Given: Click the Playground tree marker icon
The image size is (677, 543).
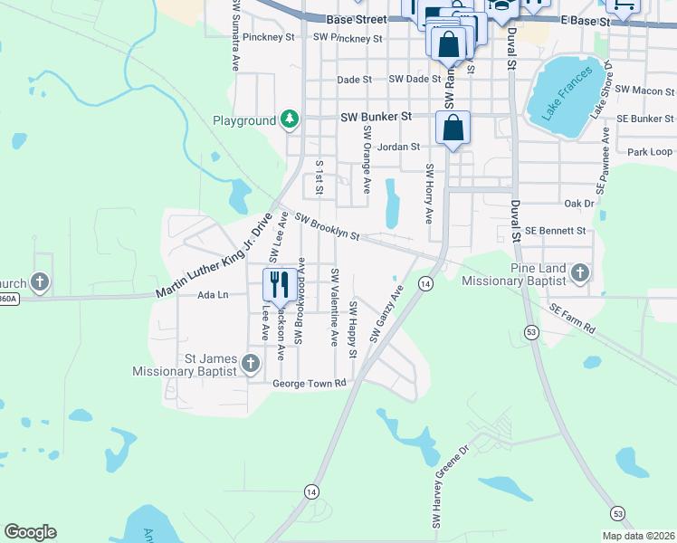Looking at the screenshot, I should tap(290, 119).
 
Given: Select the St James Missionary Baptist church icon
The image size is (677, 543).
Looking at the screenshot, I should tap(251, 364).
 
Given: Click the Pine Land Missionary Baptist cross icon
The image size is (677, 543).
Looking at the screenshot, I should tap(579, 271).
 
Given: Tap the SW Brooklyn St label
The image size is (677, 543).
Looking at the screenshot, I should tap(328, 228).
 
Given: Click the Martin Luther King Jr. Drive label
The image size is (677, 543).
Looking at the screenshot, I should tap(214, 258).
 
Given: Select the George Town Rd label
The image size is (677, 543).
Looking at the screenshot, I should tap(310, 384).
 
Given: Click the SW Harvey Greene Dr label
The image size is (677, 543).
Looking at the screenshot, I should tap(450, 487).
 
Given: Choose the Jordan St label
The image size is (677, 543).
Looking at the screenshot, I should tap(399, 147).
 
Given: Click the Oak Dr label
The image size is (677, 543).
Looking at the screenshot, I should tap(578, 204).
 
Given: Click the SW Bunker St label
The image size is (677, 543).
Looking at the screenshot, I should tap(376, 117).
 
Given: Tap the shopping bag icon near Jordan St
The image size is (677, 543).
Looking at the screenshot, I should tap(453, 127).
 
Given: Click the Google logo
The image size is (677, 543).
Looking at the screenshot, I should tap(30, 532).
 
